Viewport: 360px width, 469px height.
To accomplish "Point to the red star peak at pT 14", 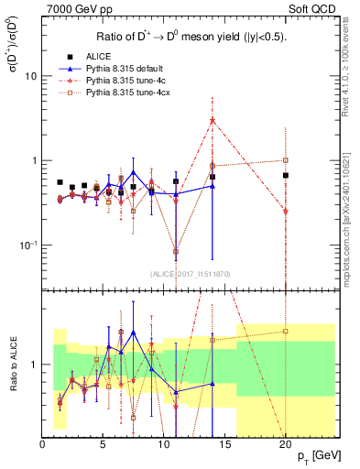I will click(x=213, y=120).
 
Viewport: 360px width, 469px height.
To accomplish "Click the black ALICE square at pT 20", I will click(x=286, y=175).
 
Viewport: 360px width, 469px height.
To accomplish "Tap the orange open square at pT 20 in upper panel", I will click(x=286, y=160).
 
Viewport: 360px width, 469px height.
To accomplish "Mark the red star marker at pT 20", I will click(x=286, y=211).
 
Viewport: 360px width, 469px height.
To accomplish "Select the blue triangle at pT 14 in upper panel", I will click(x=213, y=186).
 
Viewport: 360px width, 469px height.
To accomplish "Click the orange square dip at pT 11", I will click(x=176, y=251).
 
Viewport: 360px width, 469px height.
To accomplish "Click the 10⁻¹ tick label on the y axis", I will click(x=28, y=245).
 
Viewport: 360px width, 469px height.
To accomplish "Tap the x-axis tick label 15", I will click(x=224, y=444).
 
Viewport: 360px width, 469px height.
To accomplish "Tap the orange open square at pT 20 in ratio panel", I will click(x=286, y=332).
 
